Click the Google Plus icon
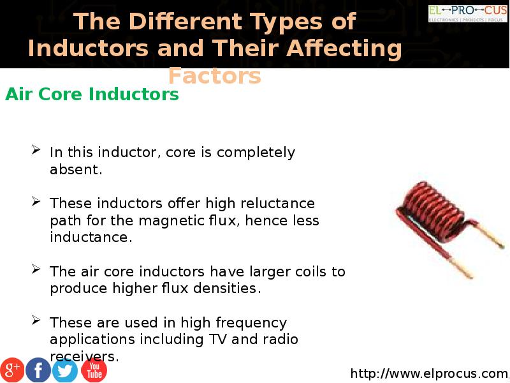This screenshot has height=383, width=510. pyautogui.click(x=12, y=370)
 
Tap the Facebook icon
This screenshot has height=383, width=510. pyautogui.click(x=38, y=370)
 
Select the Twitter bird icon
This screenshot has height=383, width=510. pyautogui.click(x=65, y=370)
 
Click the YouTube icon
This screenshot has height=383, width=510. pyautogui.click(x=94, y=370)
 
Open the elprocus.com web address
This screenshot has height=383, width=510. pyautogui.click(x=430, y=373)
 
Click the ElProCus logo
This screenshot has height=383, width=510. pyautogui.click(x=468, y=13)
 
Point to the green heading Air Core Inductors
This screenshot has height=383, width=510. pyautogui.click(x=92, y=94)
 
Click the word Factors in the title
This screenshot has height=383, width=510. pyautogui.click(x=215, y=76)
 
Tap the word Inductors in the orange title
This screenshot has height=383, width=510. pyautogui.click(x=89, y=49)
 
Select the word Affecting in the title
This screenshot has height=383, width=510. pyautogui.click(x=344, y=49)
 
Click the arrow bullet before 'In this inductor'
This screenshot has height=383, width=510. pyautogui.click(x=36, y=150)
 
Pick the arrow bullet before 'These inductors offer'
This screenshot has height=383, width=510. pyautogui.click(x=36, y=201)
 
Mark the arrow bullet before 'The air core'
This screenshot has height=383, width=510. pyautogui.click(x=36, y=269)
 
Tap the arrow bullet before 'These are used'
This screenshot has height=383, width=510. pyautogui.click(x=36, y=320)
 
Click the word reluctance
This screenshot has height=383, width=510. pyautogui.click(x=278, y=203)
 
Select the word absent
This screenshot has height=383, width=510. pyautogui.click(x=76, y=169)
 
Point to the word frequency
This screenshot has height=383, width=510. pyautogui.click(x=251, y=324)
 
